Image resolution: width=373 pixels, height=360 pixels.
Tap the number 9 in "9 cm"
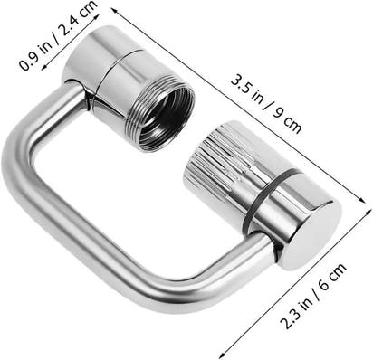(x=278, y=114)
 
